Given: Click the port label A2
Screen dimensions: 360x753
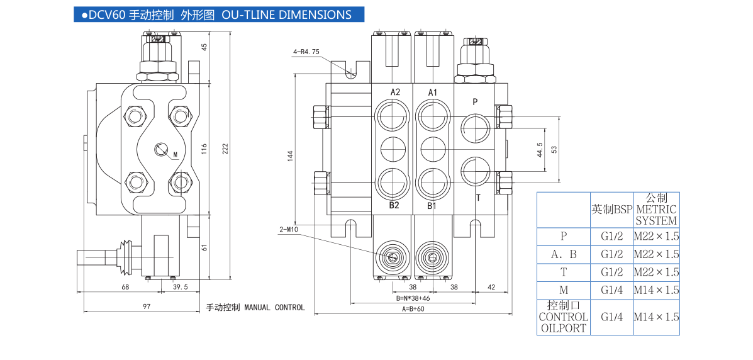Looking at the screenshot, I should [x=395, y=92].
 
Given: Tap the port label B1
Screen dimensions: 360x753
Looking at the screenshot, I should [x=432, y=205].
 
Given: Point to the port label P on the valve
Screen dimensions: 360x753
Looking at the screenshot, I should [x=475, y=101].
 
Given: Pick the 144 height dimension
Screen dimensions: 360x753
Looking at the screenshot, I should [x=290, y=155].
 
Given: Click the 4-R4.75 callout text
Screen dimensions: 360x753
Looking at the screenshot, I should [x=307, y=52].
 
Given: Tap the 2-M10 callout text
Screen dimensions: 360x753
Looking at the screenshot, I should [x=289, y=229].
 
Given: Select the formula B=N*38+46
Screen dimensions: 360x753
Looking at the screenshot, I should [x=413, y=298].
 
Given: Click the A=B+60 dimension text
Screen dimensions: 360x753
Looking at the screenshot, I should [x=413, y=308].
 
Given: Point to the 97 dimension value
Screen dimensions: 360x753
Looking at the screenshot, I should [x=147, y=307].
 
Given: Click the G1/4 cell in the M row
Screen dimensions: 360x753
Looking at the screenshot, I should [x=611, y=290].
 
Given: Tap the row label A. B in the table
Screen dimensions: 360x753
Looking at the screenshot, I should [x=564, y=254].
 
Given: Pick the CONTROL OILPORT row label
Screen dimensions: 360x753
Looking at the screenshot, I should [x=563, y=317].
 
